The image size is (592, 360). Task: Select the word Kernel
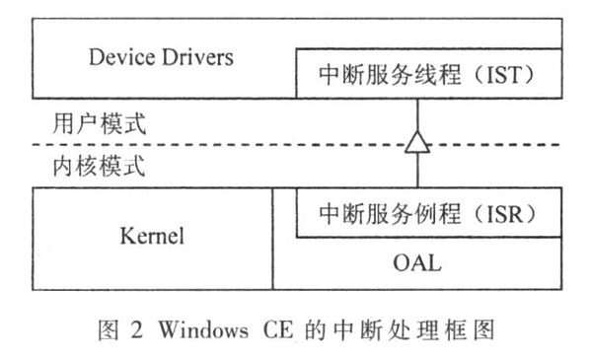(x=152, y=238)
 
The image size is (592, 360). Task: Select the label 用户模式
(x=98, y=125)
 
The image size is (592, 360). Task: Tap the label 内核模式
(x=98, y=166)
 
